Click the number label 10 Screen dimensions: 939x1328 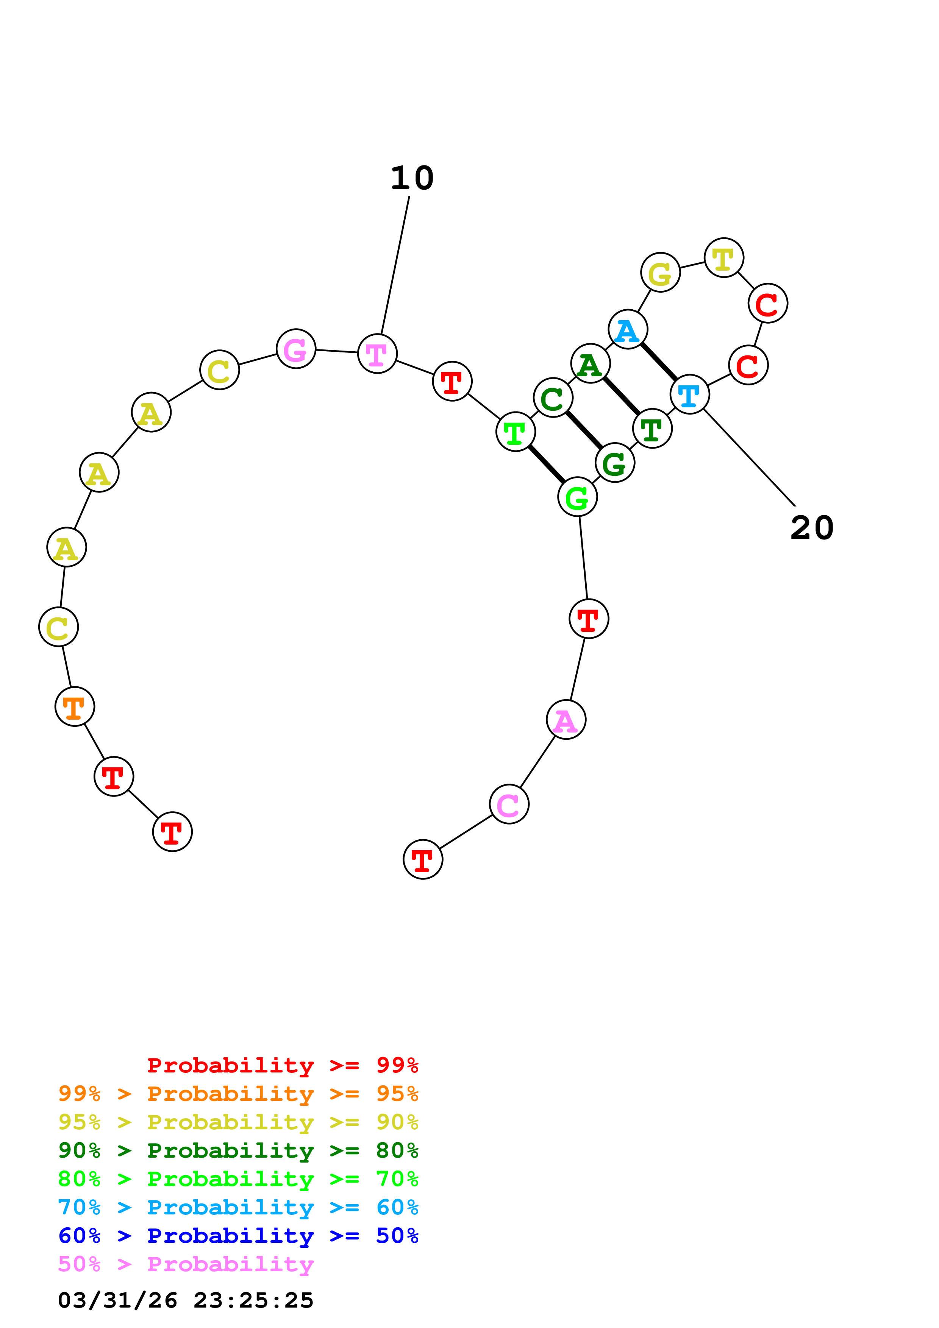[412, 178]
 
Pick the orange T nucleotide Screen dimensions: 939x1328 [75, 706]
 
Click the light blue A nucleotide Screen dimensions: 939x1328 [628, 330]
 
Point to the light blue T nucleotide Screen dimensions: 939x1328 [689, 394]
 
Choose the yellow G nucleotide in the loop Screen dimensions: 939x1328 [660, 273]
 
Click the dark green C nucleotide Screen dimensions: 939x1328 [553, 398]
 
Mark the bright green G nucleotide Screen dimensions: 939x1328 [577, 497]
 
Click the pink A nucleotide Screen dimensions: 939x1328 [566, 720]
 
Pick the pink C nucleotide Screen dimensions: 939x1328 [509, 804]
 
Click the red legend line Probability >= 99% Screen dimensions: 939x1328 [282, 1065]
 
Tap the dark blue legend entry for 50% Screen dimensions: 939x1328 [238, 1237]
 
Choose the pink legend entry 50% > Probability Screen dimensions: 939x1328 [186, 1265]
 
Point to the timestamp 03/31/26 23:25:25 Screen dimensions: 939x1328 [186, 1301]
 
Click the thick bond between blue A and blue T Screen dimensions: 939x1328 [658, 362]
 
